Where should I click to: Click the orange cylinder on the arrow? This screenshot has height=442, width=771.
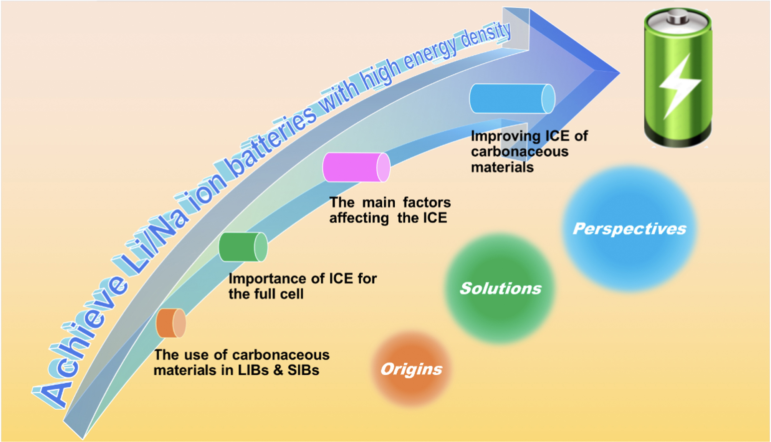pos(171,323)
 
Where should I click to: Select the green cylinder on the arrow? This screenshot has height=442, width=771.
pos(243,247)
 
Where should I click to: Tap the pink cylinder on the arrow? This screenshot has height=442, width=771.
pos(356,167)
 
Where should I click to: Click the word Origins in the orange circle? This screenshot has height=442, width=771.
pos(411,369)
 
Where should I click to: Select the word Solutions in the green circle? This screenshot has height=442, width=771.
pos(501,288)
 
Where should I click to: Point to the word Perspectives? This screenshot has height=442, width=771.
pos(630,229)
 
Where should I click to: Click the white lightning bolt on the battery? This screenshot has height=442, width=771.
pos(680,86)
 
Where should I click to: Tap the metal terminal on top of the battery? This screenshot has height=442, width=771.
pos(677,18)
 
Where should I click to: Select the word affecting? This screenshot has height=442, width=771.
pos(359,218)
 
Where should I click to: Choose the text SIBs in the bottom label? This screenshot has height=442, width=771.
pos(303,370)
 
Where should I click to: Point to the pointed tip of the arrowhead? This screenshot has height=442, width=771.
pos(619,72)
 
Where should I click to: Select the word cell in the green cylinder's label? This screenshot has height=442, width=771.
pos(291,294)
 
